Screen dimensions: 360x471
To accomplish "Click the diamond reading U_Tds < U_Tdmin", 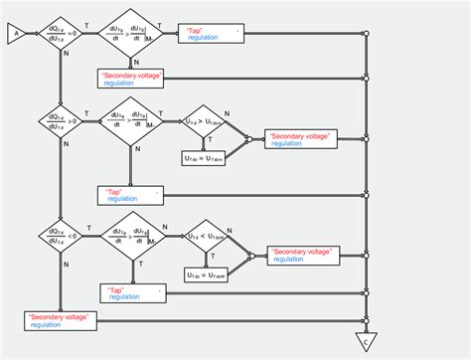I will click(208, 237).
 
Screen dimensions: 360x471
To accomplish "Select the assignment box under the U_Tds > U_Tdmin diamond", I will click(206, 159).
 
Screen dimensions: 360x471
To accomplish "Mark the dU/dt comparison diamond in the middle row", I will click(132, 125).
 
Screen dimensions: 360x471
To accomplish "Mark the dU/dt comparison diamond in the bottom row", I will click(132, 237).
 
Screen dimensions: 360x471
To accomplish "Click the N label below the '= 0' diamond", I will click(66, 55).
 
